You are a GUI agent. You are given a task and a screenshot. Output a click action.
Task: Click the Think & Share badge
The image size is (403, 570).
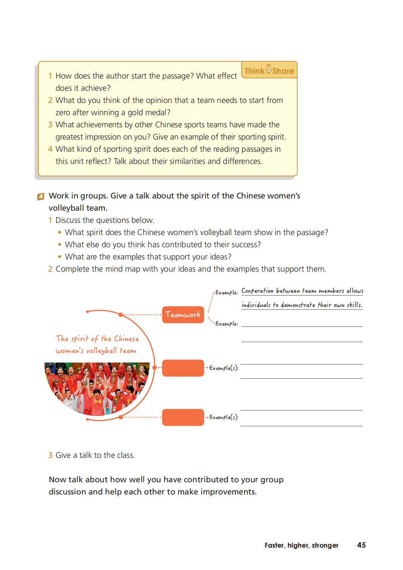click(269, 70)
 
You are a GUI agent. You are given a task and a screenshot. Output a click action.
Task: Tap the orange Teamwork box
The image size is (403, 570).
click(183, 315)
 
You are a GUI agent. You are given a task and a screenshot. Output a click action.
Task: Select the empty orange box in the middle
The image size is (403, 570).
click(183, 368)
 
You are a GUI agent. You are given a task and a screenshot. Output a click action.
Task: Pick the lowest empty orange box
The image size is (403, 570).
click(183, 417)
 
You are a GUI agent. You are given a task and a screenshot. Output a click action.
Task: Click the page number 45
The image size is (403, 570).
click(361, 545)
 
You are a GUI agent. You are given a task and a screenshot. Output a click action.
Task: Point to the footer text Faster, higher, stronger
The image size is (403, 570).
click(301, 545)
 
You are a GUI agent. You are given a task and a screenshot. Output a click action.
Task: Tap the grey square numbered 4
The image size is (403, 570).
click(41, 196)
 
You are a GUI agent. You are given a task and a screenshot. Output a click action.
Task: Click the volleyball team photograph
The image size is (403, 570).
click(97, 386)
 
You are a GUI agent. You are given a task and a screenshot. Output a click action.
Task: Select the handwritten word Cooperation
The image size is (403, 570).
click(257, 291)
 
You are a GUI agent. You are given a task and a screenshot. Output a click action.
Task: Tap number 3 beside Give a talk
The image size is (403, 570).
click(50, 455)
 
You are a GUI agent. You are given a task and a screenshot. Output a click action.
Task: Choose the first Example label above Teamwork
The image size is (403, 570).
click(227, 292)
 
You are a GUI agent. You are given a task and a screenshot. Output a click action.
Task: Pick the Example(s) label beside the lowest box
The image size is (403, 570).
click(224, 417)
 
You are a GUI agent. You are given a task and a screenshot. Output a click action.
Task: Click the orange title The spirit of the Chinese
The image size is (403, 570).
click(97, 339)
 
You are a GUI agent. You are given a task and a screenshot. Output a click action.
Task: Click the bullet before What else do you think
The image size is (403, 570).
click(60, 245)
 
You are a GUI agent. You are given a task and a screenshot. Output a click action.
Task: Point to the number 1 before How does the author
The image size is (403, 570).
click(50, 76)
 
